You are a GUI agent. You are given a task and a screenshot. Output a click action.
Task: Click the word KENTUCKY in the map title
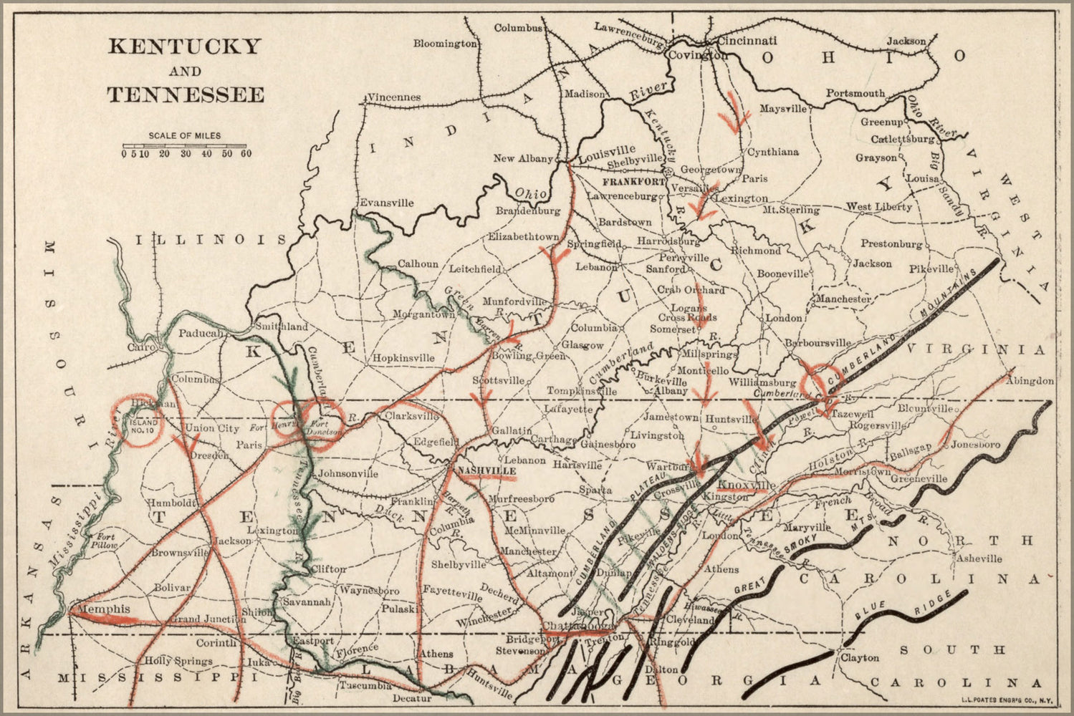184,47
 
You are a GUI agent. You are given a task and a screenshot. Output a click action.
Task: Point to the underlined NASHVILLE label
486,470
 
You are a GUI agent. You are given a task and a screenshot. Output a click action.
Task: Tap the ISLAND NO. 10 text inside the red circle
140,427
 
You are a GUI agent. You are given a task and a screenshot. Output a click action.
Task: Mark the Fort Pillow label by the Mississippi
106,541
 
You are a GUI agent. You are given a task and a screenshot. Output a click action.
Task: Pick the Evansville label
386,203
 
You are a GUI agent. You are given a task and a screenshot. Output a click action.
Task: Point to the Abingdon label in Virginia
1030,382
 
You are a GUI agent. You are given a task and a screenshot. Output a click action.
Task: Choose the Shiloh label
257,612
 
